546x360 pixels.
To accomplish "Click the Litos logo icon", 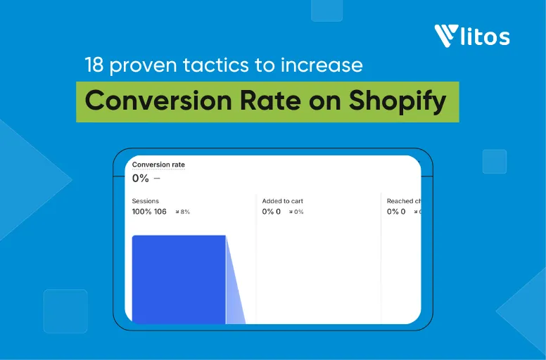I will [x=447, y=36].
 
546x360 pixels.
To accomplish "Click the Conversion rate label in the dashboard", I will [x=158, y=165].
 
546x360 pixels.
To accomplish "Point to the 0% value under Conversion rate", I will [x=141, y=178].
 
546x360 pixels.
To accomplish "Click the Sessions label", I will [x=146, y=201].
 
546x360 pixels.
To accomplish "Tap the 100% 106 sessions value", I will [x=149, y=212].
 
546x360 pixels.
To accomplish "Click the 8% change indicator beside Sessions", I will [x=183, y=212].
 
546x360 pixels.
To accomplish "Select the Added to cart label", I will [x=283, y=201].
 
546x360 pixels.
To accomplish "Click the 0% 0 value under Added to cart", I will [x=272, y=212].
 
